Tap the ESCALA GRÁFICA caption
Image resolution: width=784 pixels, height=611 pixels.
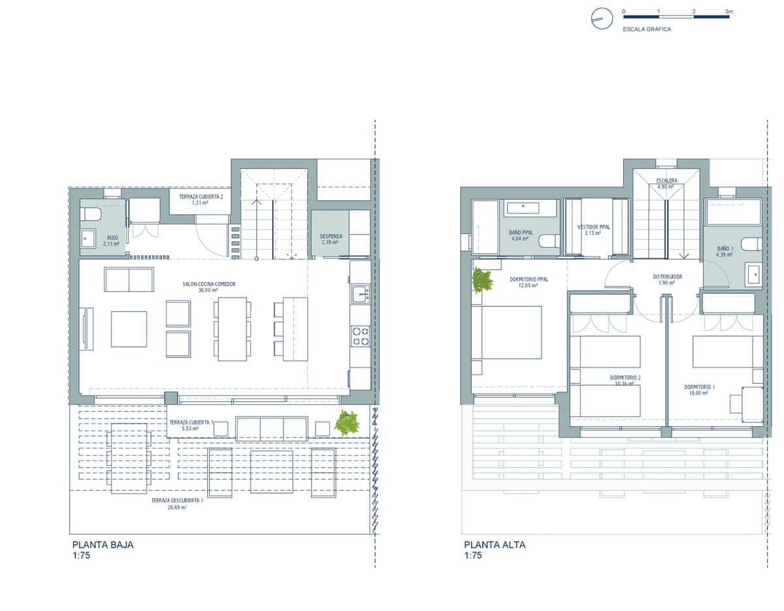coord(647,29)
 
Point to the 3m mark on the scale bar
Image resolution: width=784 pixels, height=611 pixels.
coord(729,12)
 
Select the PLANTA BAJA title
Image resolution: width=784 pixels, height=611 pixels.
coord(103,544)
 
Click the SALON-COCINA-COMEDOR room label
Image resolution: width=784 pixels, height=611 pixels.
coord(208,284)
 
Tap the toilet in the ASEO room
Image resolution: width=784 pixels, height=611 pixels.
coord(90,214)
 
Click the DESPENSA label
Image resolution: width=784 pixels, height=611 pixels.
coord(331,236)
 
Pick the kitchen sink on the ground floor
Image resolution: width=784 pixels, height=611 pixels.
coord(360,294)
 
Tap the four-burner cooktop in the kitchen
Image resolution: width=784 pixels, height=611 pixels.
coord(360,336)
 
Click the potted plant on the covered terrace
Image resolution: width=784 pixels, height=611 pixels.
coord(346,423)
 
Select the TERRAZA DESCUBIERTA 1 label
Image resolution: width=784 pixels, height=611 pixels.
coord(176,500)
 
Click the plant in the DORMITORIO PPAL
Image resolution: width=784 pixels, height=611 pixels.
coord(482,281)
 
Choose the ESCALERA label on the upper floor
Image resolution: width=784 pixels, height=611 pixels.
coord(666,180)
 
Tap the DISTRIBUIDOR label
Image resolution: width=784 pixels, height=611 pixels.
coord(668,277)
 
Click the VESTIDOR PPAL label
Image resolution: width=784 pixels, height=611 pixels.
coord(593,227)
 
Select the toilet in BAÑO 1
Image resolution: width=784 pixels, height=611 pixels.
coord(752,244)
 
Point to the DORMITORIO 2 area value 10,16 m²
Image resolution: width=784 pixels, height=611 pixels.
coord(625,384)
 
